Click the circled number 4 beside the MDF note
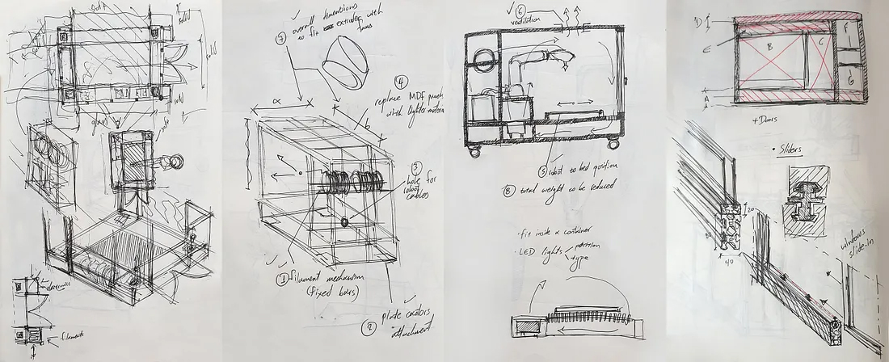click(x=401, y=83)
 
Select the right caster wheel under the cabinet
click(x=611, y=144)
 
